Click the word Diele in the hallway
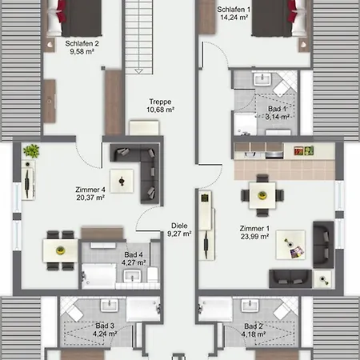pos(179,226)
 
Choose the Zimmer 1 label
pos(254,228)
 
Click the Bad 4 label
pos(133,253)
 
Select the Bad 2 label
pos(254,326)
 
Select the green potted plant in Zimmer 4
pos(31,150)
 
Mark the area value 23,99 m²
pos(254,237)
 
